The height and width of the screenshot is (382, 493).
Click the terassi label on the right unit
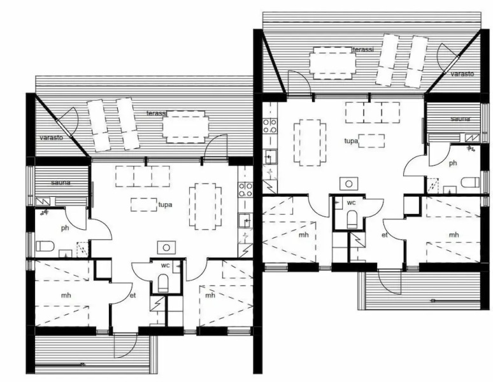[x=363, y=49]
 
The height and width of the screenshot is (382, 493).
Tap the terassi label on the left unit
[x=156, y=113]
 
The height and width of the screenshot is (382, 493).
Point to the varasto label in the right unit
[x=462, y=74]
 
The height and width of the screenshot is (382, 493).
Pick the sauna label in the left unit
[x=62, y=183]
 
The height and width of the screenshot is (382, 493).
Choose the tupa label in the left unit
[x=166, y=204]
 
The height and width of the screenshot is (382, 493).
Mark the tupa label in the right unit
[x=350, y=141]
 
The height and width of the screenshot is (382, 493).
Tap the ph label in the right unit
[x=453, y=163]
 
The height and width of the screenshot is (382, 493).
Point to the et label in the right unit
[x=384, y=235]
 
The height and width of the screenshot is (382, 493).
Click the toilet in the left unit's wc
[x=163, y=283]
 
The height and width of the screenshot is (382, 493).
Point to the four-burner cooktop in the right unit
[x=270, y=124]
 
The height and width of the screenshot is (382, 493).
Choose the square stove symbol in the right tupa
[x=348, y=183]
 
